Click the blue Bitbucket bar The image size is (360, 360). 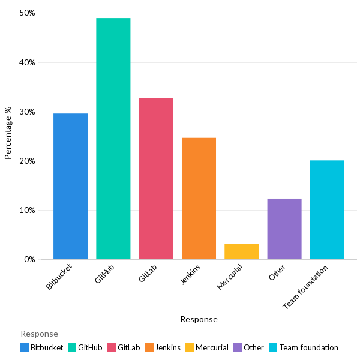point(70,186)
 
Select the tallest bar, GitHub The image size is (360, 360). point(113,139)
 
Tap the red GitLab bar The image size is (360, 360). point(156,178)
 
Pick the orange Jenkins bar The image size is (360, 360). point(199,199)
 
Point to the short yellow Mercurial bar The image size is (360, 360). point(241,251)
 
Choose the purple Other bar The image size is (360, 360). point(284,229)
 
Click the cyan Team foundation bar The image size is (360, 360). point(327,210)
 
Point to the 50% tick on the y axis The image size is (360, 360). point(28,13)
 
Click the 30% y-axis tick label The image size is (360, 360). point(28,112)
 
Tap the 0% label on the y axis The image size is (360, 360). point(30,260)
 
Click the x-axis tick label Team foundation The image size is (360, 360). point(306,288)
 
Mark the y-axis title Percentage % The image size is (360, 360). point(8,133)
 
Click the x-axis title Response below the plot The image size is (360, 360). point(199,320)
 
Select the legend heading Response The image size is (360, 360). point(39,334)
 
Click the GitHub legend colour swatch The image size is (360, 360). point(72,347)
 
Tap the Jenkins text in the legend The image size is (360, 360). point(169,347)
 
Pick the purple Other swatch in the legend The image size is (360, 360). point(238,347)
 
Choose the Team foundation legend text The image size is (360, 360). point(308,347)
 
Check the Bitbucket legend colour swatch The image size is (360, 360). point(25,347)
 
